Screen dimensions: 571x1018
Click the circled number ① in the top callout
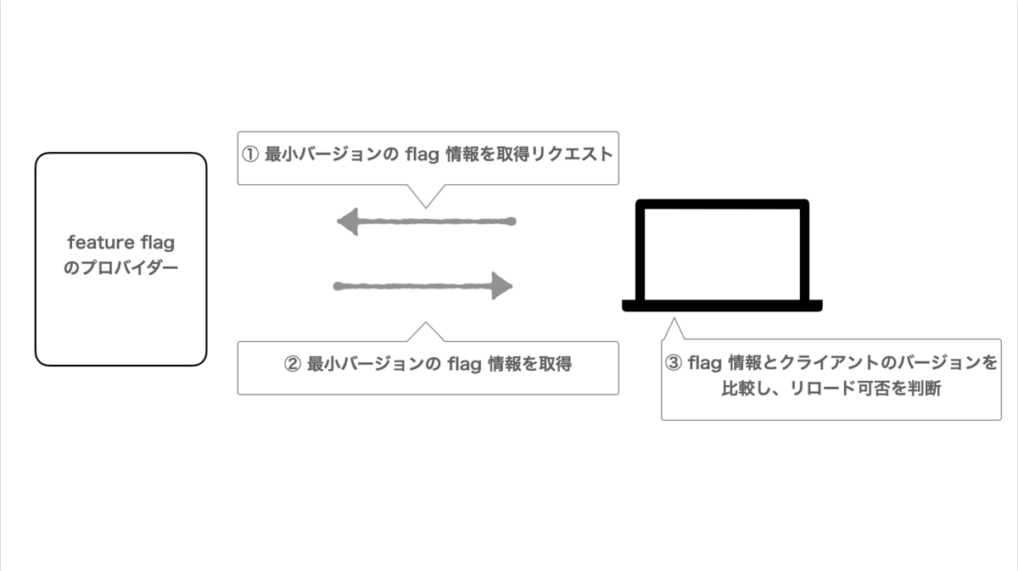250,156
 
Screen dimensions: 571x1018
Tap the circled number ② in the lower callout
292,365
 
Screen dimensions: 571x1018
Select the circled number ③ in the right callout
674,364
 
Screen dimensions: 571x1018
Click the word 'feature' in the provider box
95,244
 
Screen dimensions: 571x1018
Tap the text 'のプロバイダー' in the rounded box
121,268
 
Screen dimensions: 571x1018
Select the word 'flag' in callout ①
422,156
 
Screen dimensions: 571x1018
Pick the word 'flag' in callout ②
464,365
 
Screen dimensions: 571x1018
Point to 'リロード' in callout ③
793,390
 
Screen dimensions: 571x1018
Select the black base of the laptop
722,305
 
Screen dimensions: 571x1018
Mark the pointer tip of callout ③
674,320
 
